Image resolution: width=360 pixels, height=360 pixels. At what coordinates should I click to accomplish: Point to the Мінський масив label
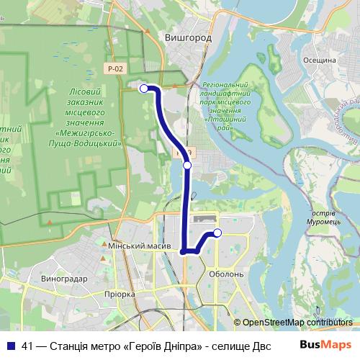click(x=139, y=246)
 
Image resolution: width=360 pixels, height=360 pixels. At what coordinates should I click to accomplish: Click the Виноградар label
click(x=64, y=278)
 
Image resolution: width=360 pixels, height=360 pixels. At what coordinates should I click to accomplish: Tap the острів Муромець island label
click(x=332, y=217)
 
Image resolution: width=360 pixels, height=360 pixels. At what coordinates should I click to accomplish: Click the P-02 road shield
click(x=113, y=68)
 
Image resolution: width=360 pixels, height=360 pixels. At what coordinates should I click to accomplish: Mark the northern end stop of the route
click(x=144, y=89)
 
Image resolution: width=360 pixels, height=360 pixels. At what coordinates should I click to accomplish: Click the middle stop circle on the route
click(x=187, y=166)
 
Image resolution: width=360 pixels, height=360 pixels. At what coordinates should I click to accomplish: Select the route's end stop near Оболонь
click(x=217, y=232)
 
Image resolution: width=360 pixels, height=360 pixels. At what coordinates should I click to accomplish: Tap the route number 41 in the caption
click(x=27, y=344)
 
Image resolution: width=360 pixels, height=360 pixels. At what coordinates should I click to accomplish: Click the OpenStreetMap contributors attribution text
click(x=297, y=323)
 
